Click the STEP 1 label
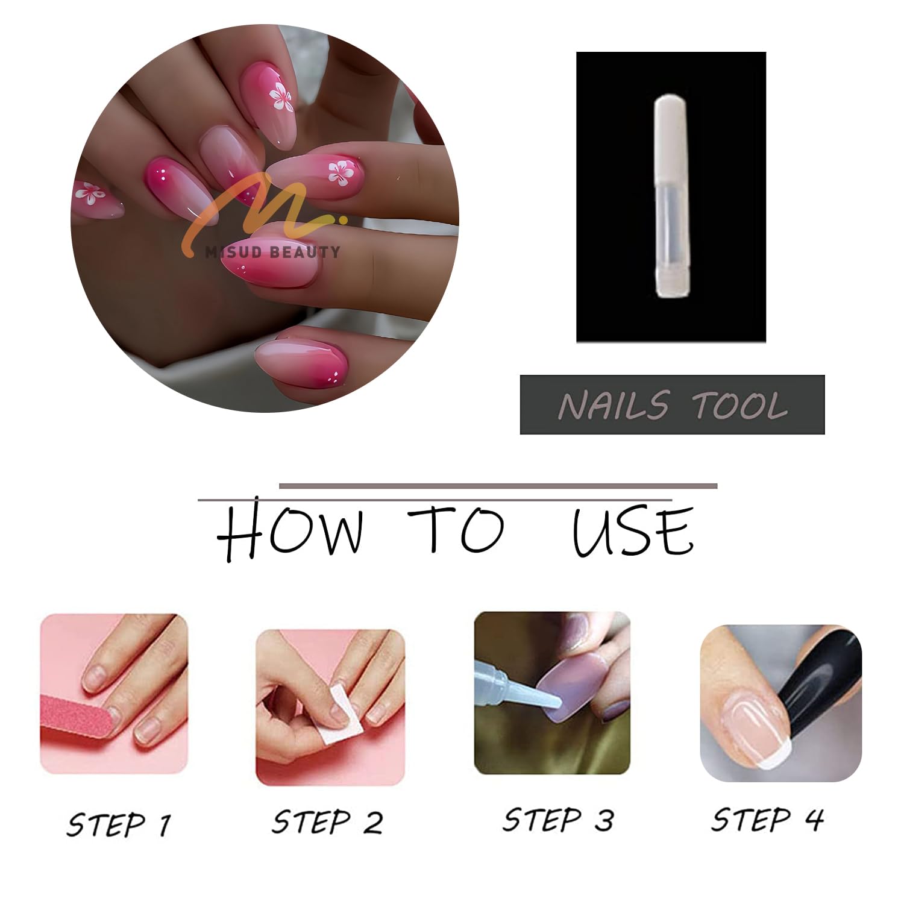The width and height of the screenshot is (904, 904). pyautogui.click(x=119, y=824)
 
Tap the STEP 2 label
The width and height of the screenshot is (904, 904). pyautogui.click(x=327, y=821)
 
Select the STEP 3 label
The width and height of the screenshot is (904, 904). pyautogui.click(x=559, y=820)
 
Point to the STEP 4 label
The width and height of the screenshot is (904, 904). pyautogui.click(x=767, y=820)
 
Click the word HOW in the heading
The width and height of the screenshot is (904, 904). pyautogui.click(x=290, y=531)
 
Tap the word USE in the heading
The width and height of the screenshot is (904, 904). pyautogui.click(x=633, y=531)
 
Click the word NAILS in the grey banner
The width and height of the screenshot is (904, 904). pyautogui.click(x=613, y=405)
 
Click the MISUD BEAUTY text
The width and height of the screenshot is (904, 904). pyautogui.click(x=272, y=252)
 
